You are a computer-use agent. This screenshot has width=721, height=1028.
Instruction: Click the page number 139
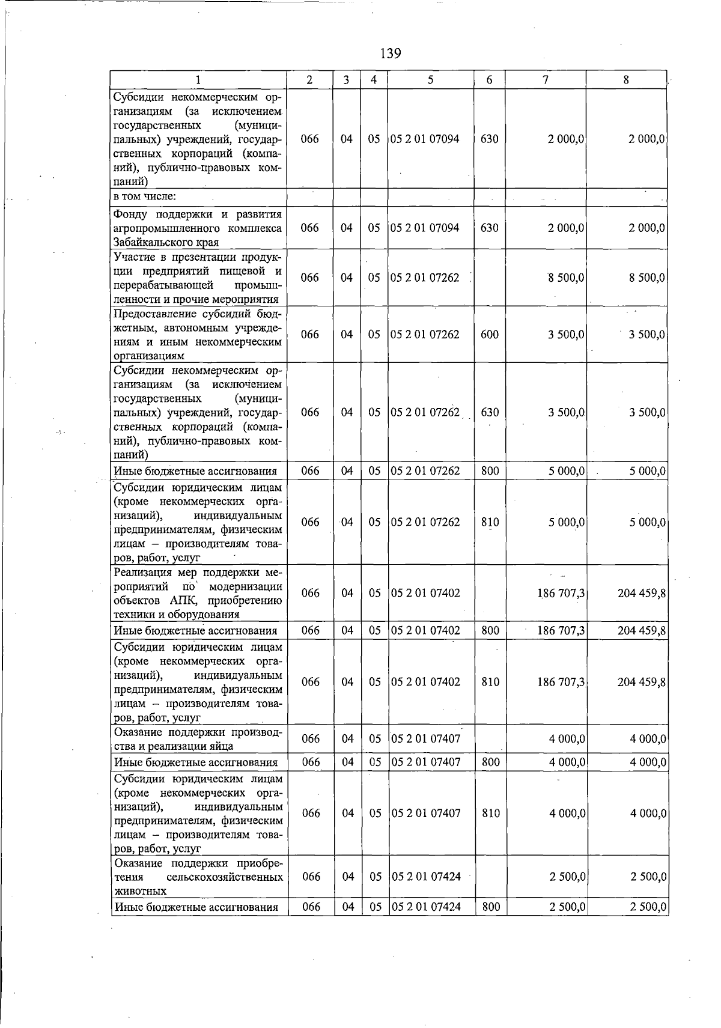pyautogui.click(x=391, y=53)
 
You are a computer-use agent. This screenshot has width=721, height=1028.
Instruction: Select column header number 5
pyautogui.click(x=430, y=79)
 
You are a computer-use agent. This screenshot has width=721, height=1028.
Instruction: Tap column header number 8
pyautogui.click(x=626, y=79)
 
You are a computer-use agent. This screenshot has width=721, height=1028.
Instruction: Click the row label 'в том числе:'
pyautogui.click(x=145, y=196)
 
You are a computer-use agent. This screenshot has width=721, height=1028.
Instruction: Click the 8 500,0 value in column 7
pyautogui.click(x=566, y=278)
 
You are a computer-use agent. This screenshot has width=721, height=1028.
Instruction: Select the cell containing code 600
pyautogui.click(x=490, y=335)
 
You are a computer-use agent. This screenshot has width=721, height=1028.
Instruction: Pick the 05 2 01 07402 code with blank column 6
pyautogui.click(x=425, y=593)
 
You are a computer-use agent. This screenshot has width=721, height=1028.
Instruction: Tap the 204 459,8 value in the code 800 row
pyautogui.click(x=642, y=630)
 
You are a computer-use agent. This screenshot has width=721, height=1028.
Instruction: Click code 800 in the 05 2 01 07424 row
pyautogui.click(x=491, y=907)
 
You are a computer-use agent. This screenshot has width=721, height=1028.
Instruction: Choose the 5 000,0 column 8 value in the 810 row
pyautogui.click(x=647, y=522)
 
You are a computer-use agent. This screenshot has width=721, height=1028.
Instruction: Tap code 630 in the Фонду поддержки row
pyautogui.click(x=490, y=228)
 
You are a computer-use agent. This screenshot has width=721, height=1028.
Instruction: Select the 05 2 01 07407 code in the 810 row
pyautogui.click(x=425, y=813)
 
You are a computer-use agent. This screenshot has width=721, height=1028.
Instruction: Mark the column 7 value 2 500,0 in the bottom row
pyautogui.click(x=567, y=907)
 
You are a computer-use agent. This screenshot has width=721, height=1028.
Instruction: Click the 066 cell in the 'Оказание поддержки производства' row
pyautogui.click(x=311, y=739)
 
